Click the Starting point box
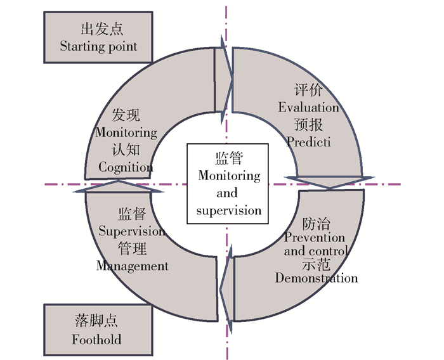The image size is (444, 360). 98,37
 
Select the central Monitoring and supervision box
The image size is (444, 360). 226,183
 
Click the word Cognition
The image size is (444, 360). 126,167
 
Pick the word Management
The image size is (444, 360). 133,266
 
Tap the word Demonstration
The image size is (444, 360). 316,278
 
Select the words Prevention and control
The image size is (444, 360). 315,244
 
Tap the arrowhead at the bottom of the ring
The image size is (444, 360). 226,285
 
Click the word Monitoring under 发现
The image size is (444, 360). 126,132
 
